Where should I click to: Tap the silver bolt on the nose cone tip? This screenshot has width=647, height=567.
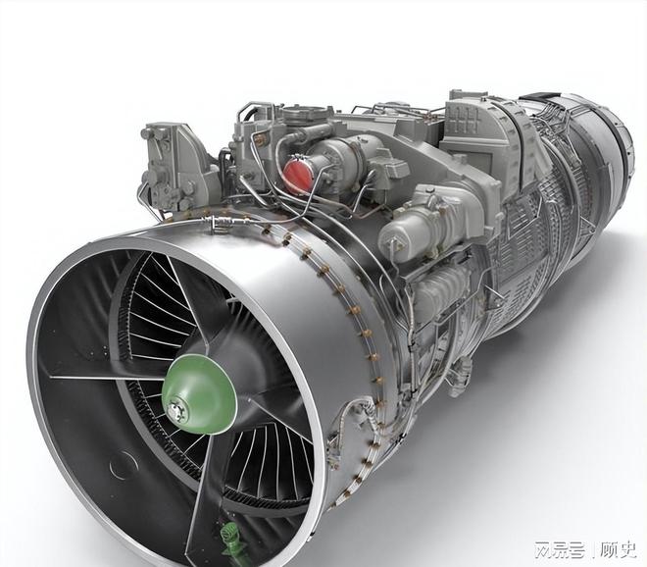coord(177,410)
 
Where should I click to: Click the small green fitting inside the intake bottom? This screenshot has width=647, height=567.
coord(232,539)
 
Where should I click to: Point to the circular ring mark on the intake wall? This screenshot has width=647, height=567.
coord(124,465)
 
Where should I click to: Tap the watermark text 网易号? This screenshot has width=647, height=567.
coord(560,549)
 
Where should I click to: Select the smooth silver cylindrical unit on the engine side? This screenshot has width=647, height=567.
coord(413,232)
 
